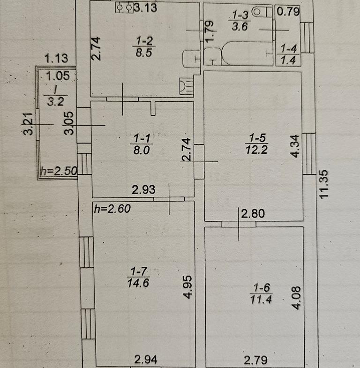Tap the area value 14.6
click(x=138, y=283)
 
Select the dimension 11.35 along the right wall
click(x=323, y=184)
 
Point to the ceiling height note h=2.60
click(x=112, y=209)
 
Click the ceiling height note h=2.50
click(x=59, y=171)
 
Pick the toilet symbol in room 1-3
click(x=261, y=12)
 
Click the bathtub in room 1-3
click(x=247, y=53)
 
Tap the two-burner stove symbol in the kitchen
click(x=124, y=8)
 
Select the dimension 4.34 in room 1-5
click(x=295, y=146)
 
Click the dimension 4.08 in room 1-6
click(x=296, y=298)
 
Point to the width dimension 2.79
click(x=255, y=360)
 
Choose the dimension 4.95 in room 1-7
click(x=188, y=287)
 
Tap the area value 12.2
click(x=256, y=150)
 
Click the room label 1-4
click(x=289, y=49)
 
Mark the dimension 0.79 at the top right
click(x=288, y=12)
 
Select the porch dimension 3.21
click(x=28, y=124)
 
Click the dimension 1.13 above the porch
click(x=56, y=58)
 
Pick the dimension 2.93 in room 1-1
click(x=143, y=190)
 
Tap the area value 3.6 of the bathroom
click(x=240, y=26)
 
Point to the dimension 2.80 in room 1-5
click(x=253, y=214)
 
